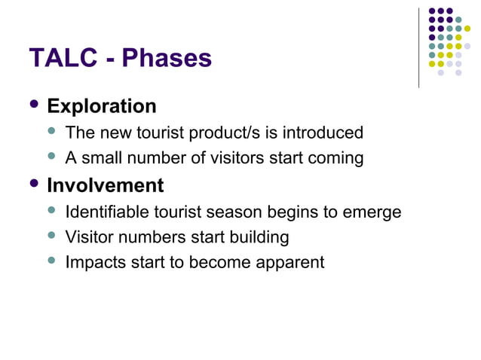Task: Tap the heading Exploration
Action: click(x=102, y=106)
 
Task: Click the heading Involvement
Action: click(x=105, y=185)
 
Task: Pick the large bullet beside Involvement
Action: click(x=33, y=183)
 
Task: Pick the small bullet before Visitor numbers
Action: click(x=52, y=236)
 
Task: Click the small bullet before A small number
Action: click(x=52, y=157)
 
